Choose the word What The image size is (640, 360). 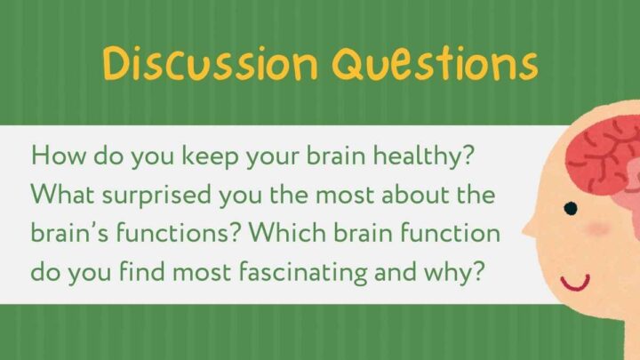(x=60, y=195)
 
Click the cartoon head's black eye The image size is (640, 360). (x=570, y=209)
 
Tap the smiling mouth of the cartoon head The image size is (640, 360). (x=576, y=284)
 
